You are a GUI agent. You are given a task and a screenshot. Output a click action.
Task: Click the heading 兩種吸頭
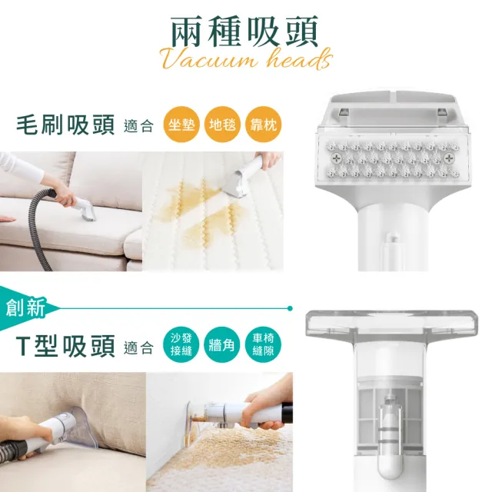pyautogui.click(x=244, y=30)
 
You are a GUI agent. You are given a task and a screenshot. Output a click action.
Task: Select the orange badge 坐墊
pyautogui.click(x=181, y=125)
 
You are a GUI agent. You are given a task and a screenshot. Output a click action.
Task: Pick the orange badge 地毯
pyautogui.click(x=222, y=125)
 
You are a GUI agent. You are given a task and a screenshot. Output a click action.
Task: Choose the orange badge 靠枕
pyautogui.click(x=263, y=125)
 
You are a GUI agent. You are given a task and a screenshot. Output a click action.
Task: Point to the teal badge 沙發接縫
pyautogui.click(x=181, y=347)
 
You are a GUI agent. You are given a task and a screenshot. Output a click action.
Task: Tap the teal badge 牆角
pyautogui.click(x=222, y=347)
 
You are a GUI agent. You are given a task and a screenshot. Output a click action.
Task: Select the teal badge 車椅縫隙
pyautogui.click(x=263, y=347)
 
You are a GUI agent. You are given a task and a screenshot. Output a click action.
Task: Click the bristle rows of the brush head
pyautogui.click(x=390, y=155)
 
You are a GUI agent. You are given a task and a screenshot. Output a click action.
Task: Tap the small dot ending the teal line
pyautogui.click(x=290, y=308)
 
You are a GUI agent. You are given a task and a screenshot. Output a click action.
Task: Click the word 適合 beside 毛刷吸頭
pyautogui.click(x=138, y=126)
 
